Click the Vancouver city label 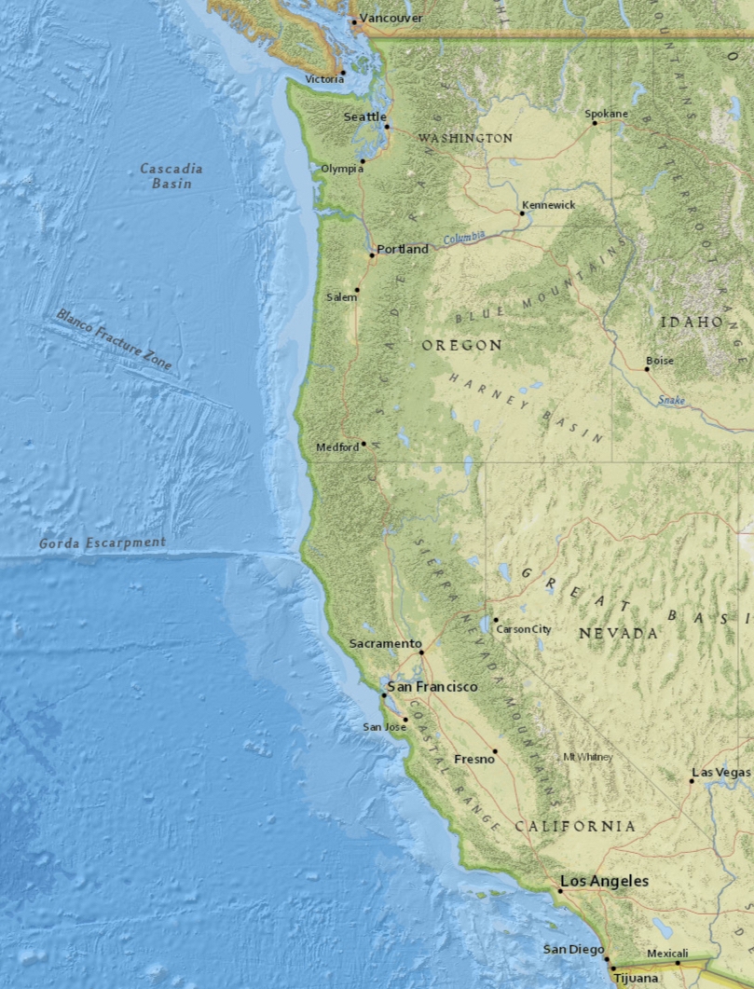[391, 18]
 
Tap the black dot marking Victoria [342, 72]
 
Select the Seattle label [364, 117]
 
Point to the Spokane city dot [595, 122]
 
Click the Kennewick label [548, 204]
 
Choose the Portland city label [403, 249]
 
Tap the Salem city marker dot [356, 290]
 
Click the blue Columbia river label [465, 239]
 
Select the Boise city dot [647, 369]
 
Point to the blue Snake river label [671, 400]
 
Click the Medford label [336, 447]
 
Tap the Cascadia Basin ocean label [171, 176]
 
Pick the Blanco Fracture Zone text [114, 340]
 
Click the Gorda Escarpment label [103, 543]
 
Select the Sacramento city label [385, 644]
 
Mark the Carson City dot [496, 620]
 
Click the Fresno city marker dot [495, 750]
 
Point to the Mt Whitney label [587, 757]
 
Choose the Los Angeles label [604, 881]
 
